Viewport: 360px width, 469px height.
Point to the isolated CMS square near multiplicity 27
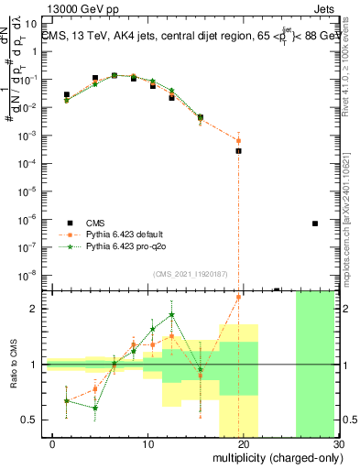pos(315,224)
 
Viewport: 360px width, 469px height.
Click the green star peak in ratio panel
pos(171,315)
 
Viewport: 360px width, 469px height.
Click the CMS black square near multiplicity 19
pos(238,150)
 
